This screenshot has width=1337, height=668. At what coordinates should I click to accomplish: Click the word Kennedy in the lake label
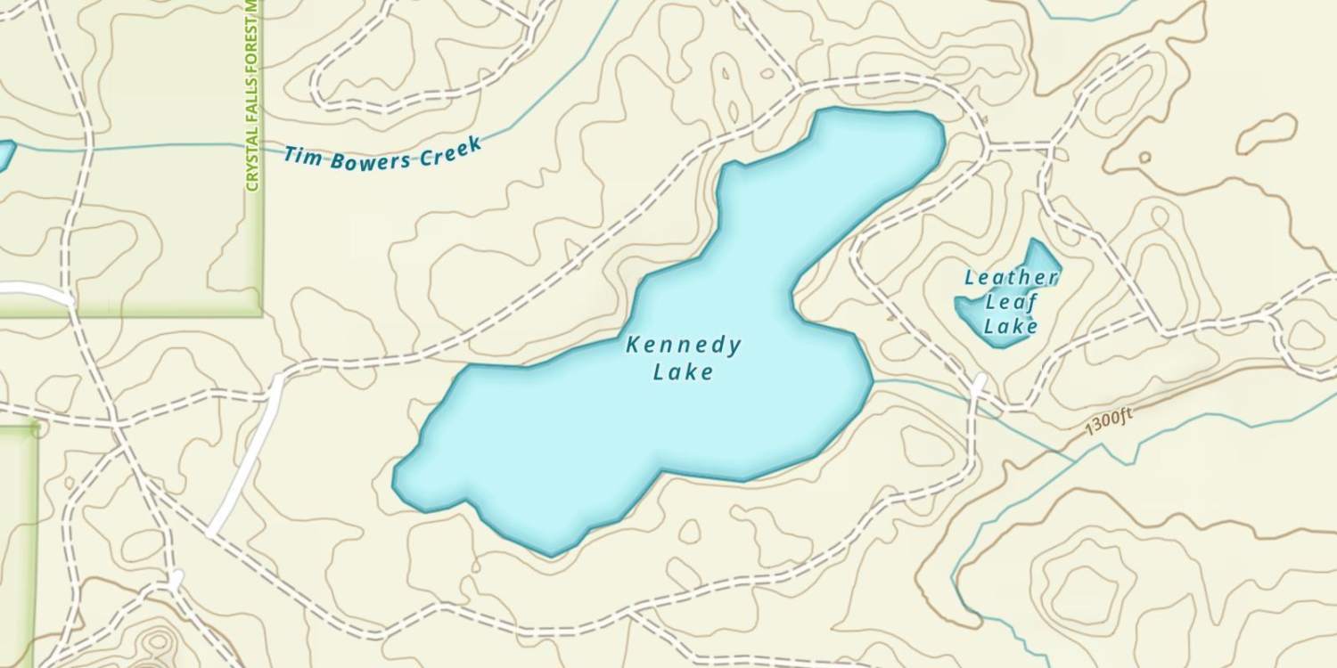click(x=684, y=345)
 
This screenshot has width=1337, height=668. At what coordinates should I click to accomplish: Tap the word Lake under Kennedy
click(x=684, y=371)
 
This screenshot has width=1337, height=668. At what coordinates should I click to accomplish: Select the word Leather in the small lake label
click(x=1012, y=278)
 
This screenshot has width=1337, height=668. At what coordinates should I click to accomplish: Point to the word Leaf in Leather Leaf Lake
click(x=1012, y=302)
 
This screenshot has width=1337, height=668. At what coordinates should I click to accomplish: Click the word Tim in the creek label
click(x=301, y=157)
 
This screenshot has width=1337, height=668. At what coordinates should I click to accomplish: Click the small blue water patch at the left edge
click(x=4, y=155)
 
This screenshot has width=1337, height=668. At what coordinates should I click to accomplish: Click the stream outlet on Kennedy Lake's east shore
click(x=873, y=379)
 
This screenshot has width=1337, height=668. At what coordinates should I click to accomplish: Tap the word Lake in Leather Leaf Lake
click(x=1012, y=327)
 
